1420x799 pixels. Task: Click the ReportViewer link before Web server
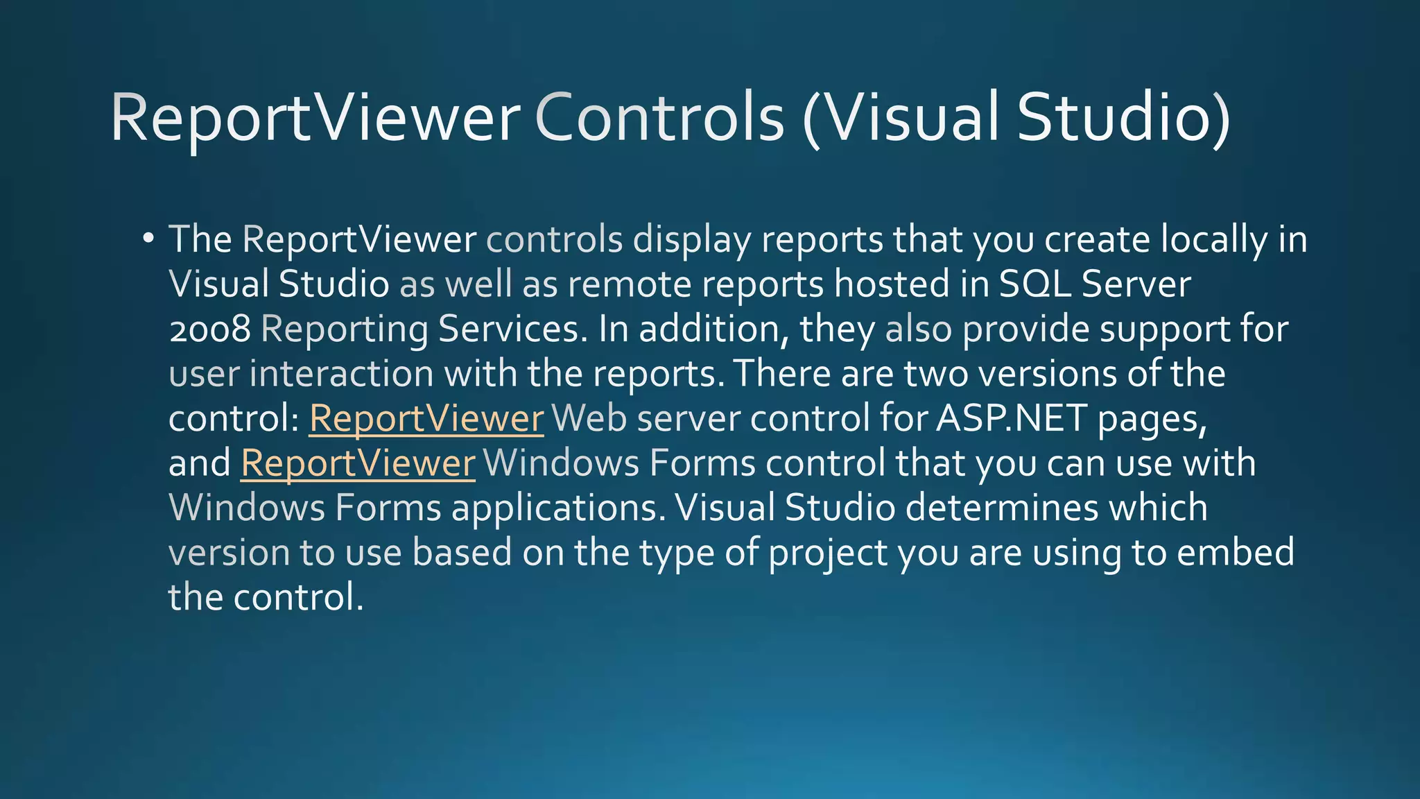(x=426, y=419)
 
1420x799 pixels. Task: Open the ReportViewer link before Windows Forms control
(x=358, y=463)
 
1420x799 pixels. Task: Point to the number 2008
(x=209, y=329)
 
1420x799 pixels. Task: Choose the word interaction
(x=341, y=374)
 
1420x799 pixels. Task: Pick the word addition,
(x=714, y=329)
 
